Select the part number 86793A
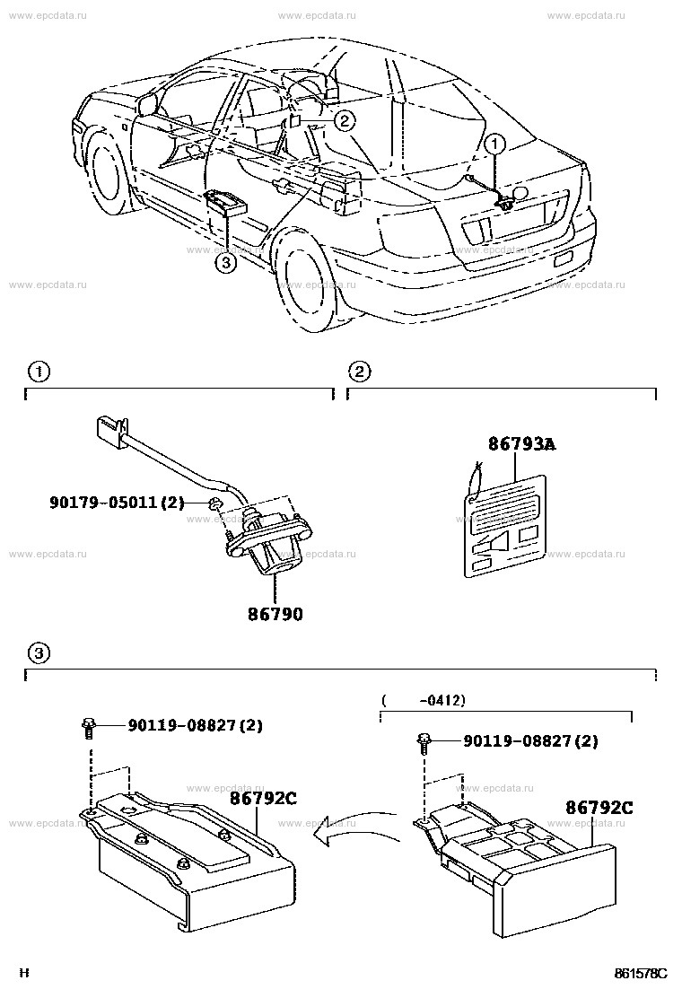pyautogui.click(x=521, y=443)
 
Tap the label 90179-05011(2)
pyautogui.click(x=116, y=503)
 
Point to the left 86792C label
pyautogui.click(x=262, y=795)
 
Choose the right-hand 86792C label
pyautogui.click(x=599, y=807)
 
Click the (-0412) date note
pyautogui.click(x=423, y=699)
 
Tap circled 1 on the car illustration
pyautogui.click(x=496, y=143)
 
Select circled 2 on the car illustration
pyautogui.click(x=346, y=118)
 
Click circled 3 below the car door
pyautogui.click(x=226, y=262)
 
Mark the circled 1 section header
pyautogui.click(x=36, y=371)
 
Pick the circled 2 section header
pyautogui.click(x=358, y=371)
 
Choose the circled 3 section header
pyautogui.click(x=36, y=651)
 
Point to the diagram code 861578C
pyautogui.click(x=641, y=973)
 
